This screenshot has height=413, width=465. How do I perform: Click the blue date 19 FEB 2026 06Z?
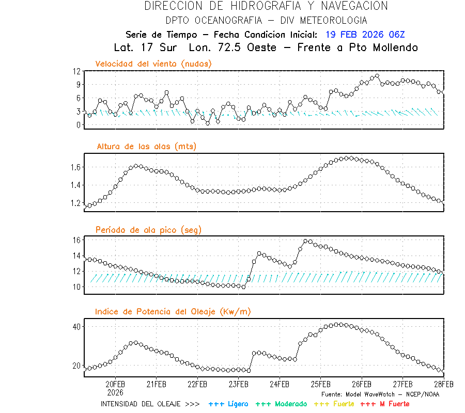pyautogui.click(x=365, y=35)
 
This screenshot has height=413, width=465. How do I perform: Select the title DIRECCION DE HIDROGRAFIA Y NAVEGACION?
pyautogui.click(x=266, y=6)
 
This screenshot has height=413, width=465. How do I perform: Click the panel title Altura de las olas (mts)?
pyautogui.click(x=146, y=147)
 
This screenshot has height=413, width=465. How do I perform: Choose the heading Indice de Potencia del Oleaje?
pyautogui.click(x=173, y=311)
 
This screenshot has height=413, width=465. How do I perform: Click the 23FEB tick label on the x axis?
pyautogui.click(x=238, y=385)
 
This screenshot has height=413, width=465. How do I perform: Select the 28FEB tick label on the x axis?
pyautogui.click(x=443, y=385)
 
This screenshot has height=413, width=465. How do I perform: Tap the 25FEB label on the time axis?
pyautogui.click(x=320, y=385)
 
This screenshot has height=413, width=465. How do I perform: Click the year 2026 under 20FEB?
pyautogui.click(x=115, y=392)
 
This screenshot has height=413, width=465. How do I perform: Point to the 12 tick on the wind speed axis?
pyautogui.click(x=76, y=71)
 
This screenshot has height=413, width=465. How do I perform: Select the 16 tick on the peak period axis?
pyautogui.click(x=76, y=240)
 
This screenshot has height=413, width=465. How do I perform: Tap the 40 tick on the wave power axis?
pyautogui.click(x=76, y=327)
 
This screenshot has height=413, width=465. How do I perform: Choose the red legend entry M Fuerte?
pyautogui.click(x=385, y=404)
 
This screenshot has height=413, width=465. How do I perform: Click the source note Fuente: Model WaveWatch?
pyautogui.click(x=380, y=394)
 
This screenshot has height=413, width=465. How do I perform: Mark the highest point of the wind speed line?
pyautogui.click(x=377, y=76)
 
